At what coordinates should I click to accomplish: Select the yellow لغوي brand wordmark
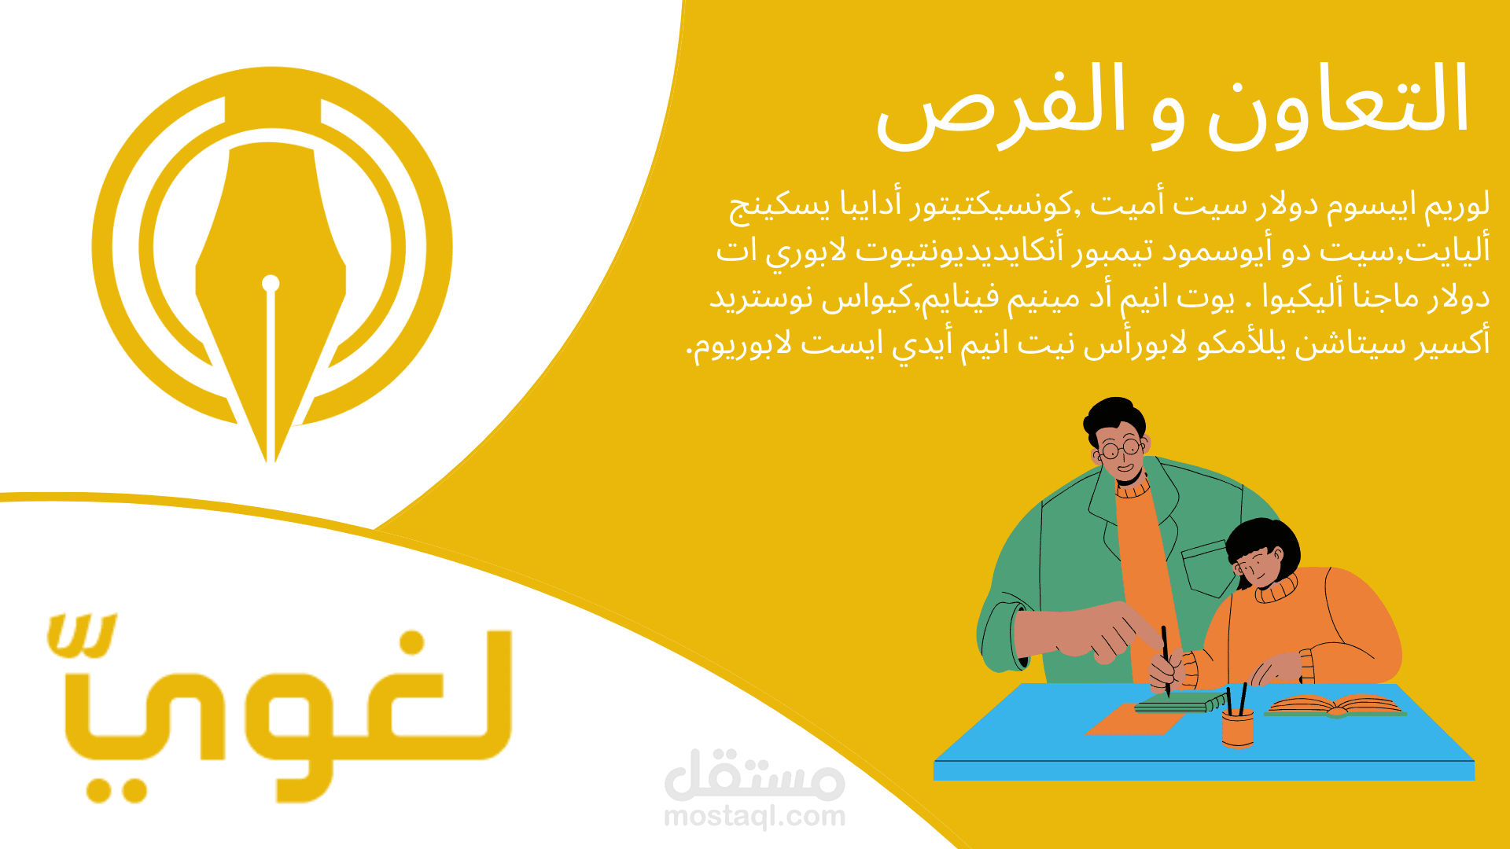pos(279,707)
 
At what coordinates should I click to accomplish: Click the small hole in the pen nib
pos(271,283)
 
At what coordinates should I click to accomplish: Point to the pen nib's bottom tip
pos(271,462)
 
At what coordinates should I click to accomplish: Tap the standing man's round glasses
pos(1121,450)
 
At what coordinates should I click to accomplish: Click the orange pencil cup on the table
pos(1237,728)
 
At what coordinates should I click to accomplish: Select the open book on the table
pos(1335,707)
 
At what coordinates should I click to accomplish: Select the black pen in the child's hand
pos(1166,661)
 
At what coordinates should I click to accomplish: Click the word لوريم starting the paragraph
pos(1457,205)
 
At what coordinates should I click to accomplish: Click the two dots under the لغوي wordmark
pos(116,789)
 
